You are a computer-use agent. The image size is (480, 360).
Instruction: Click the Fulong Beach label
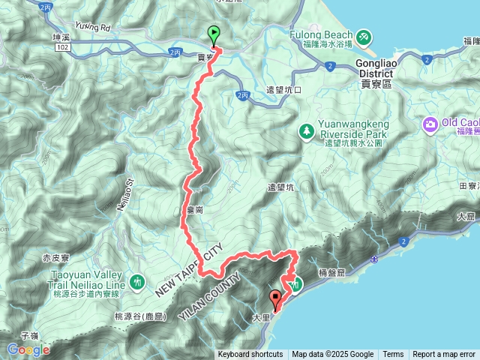(321, 34)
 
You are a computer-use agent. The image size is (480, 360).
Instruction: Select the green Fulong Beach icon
(363, 35)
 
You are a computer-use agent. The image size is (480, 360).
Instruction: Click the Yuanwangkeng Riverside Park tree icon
(307, 132)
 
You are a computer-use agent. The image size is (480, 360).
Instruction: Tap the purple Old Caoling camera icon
(430, 123)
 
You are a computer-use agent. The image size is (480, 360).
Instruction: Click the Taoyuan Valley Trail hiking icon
(136, 281)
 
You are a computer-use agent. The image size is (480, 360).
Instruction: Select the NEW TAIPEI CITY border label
(190, 268)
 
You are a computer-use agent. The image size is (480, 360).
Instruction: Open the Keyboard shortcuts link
(250, 355)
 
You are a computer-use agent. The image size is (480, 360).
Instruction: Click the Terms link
(393, 355)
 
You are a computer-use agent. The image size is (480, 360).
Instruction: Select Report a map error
(444, 355)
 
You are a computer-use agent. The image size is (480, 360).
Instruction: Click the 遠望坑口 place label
(283, 89)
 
